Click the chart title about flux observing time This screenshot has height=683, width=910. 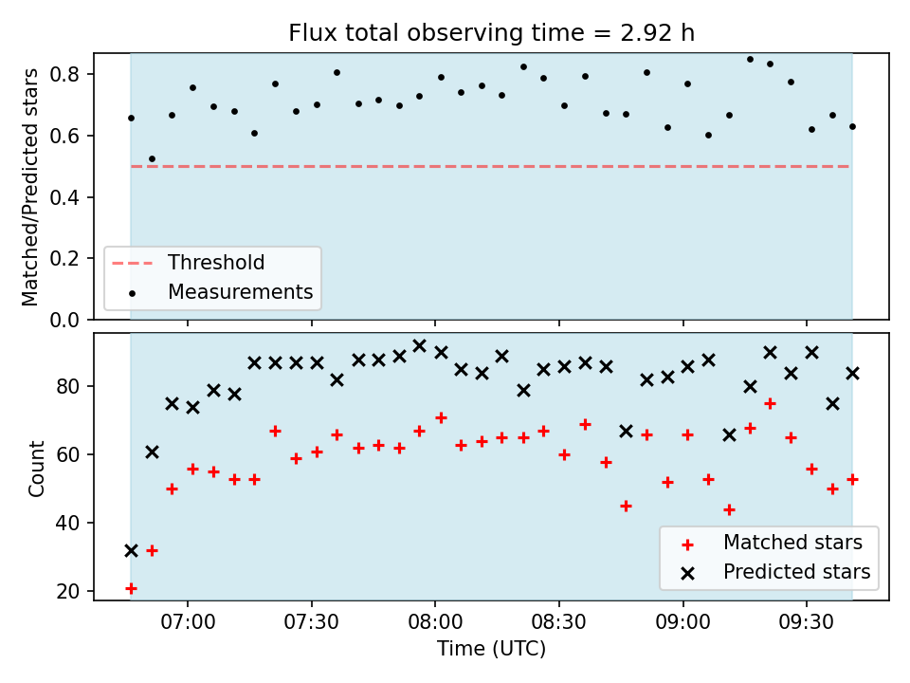[x=492, y=33]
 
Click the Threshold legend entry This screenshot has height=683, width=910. [x=188, y=263]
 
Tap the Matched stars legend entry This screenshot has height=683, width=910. [x=772, y=543]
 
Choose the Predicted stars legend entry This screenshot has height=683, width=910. [x=776, y=572]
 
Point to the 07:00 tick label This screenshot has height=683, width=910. [x=188, y=622]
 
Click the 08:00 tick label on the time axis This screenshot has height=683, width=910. [x=435, y=622]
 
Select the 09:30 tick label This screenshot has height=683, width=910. [x=807, y=622]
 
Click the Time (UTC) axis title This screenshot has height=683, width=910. [x=492, y=648]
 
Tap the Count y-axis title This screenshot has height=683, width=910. [x=36, y=469]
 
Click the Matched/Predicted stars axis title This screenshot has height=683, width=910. [x=29, y=187]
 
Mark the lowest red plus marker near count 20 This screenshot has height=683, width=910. [x=131, y=589]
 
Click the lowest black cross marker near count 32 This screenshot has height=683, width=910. [x=131, y=550]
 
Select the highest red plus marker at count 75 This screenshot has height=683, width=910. [x=770, y=404]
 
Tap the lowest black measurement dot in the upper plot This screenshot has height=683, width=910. [x=152, y=159]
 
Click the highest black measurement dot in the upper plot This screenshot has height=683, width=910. [x=750, y=59]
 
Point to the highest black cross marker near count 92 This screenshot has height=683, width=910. [x=419, y=346]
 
